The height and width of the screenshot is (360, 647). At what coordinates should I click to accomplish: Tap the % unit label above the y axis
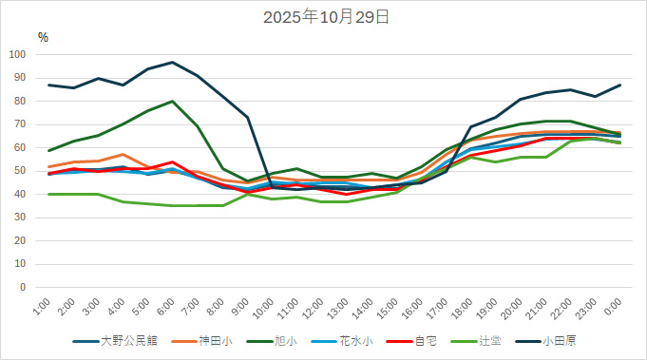pyautogui.click(x=43, y=37)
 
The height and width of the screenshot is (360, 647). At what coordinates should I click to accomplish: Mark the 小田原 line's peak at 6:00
pyautogui.click(x=172, y=62)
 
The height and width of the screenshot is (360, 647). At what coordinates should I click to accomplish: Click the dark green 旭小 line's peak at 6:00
pyautogui.click(x=172, y=101)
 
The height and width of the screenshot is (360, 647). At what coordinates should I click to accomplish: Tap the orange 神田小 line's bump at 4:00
pyautogui.click(x=123, y=154)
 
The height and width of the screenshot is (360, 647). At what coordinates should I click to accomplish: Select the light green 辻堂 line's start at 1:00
pyautogui.click(x=48, y=194)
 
